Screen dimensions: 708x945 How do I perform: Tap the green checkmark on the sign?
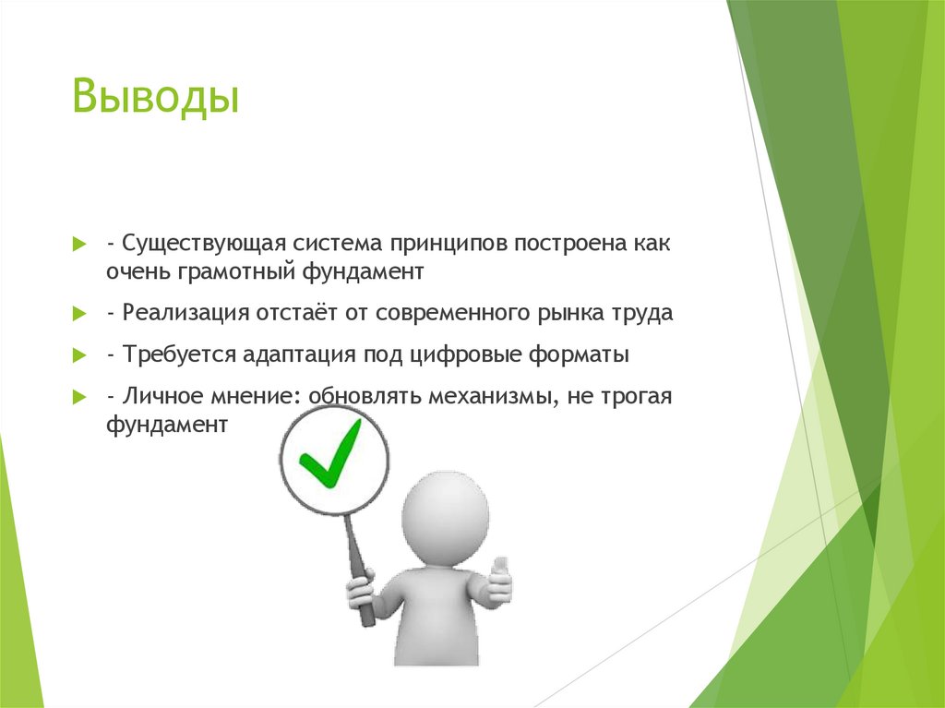click(332, 456)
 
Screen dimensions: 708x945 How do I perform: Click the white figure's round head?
click(444, 512)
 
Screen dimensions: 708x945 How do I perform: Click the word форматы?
click(582, 354)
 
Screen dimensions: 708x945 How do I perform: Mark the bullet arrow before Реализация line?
click(80, 314)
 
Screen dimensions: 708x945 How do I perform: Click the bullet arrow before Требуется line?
click(80, 355)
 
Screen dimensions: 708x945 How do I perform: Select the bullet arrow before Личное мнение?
click(80, 397)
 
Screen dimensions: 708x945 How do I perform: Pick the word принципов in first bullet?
click(447, 246)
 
